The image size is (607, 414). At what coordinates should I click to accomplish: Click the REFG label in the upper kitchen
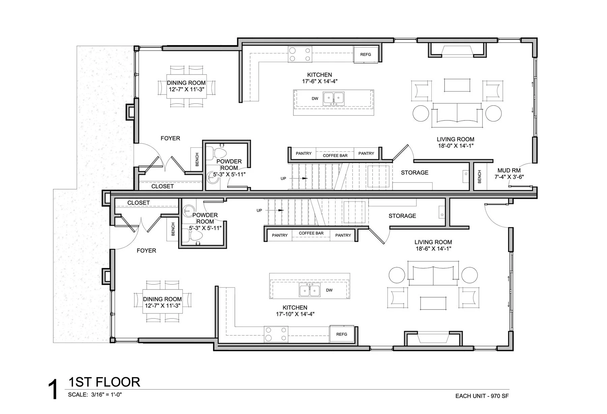point(366,54)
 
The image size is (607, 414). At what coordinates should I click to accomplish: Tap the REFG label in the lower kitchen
point(342,334)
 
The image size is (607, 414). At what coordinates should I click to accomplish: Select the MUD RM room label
point(509,170)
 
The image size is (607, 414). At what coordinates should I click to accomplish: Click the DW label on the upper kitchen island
point(315,99)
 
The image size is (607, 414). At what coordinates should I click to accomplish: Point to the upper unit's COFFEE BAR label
point(335,156)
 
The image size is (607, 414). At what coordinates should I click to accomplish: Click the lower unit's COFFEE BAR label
point(311,233)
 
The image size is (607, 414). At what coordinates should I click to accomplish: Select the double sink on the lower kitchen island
point(310,291)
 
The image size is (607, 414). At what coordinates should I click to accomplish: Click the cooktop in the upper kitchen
point(300,54)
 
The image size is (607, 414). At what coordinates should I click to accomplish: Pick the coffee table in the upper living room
point(457,85)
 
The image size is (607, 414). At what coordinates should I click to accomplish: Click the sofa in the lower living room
point(433,273)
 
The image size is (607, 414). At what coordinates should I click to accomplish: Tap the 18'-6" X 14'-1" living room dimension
point(433,249)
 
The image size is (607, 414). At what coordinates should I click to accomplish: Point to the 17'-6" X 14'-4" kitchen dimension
point(320,81)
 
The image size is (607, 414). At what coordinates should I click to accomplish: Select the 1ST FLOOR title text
point(104,382)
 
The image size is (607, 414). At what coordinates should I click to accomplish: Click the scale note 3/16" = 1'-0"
point(106,394)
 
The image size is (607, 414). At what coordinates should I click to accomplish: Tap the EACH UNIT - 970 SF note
point(482,396)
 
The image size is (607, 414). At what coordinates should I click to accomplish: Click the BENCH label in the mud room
point(480,177)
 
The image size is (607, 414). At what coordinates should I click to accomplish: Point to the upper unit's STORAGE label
point(414,172)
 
